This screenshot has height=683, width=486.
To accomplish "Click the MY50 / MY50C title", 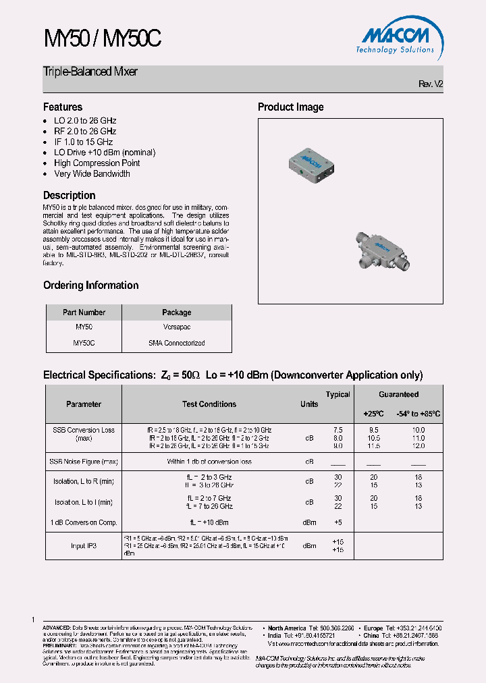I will [103, 39].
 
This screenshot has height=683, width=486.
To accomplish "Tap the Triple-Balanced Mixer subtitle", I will [90, 72].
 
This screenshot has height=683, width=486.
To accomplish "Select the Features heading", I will [63, 107].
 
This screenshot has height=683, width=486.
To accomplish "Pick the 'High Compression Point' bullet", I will [97, 163].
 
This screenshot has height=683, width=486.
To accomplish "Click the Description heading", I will [70, 195].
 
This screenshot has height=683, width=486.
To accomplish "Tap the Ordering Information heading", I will [90, 285].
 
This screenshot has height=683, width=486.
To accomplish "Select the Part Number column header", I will [84, 312].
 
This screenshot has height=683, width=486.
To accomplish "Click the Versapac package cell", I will [176, 327].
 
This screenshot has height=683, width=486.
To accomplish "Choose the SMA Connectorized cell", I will [176, 343].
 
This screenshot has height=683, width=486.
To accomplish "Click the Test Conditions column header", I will [209, 404].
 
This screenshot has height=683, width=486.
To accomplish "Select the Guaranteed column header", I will [398, 395].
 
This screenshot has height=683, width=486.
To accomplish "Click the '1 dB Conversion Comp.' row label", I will [84, 522].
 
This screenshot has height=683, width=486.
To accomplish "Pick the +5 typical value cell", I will [338, 522].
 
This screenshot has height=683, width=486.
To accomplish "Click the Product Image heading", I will [290, 107].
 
